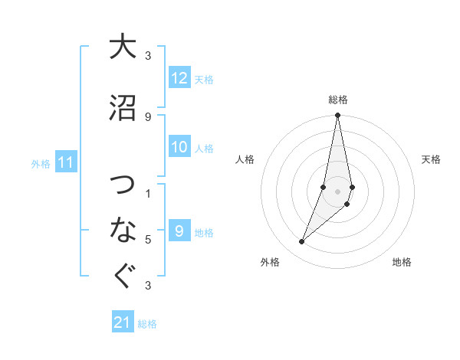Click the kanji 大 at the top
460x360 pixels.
click(x=122, y=47)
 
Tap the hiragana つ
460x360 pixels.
click(x=122, y=185)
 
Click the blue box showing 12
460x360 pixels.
click(x=179, y=79)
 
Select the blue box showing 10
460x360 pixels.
click(x=179, y=148)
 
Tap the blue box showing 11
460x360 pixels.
click(x=66, y=162)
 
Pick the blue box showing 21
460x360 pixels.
click(x=122, y=322)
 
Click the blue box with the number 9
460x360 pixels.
click(x=179, y=231)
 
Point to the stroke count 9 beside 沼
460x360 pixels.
click(x=147, y=116)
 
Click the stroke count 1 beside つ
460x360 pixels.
click(x=147, y=194)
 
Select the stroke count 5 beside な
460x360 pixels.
click(x=147, y=240)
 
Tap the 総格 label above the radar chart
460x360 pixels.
click(x=338, y=100)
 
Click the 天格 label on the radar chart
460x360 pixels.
click(x=432, y=160)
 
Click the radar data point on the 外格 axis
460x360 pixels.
click(x=302, y=242)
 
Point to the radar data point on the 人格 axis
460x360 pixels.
click(x=324, y=187)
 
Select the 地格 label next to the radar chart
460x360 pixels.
click(x=402, y=263)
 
